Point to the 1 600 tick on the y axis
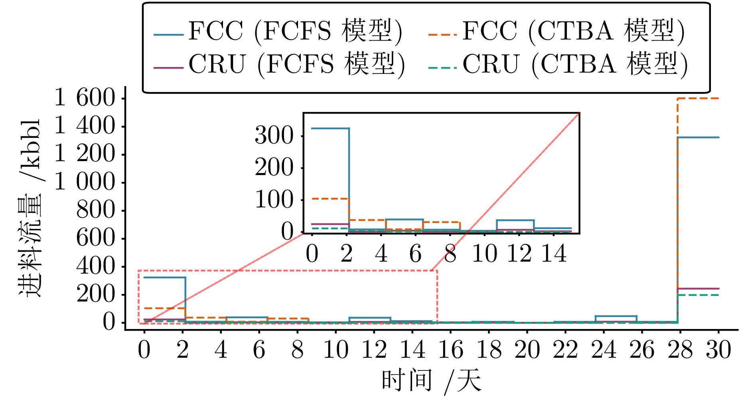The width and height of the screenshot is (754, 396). (85, 98)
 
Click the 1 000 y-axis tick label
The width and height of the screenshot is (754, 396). (85, 183)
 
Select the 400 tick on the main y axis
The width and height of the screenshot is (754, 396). (95, 267)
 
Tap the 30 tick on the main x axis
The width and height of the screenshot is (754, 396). (718, 350)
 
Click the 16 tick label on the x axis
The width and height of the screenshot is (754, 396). (450, 350)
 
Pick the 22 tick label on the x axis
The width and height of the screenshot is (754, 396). (565, 350)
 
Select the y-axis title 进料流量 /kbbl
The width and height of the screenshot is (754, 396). (30, 207)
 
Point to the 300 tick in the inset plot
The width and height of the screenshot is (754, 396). (274, 136)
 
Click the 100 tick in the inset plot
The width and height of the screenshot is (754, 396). (274, 200)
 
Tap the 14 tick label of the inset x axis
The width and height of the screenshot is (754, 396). (554, 254)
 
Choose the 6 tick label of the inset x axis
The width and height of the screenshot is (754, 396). (415, 254)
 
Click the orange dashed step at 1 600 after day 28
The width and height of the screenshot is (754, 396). (698, 98)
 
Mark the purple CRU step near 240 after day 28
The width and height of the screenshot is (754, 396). (698, 288)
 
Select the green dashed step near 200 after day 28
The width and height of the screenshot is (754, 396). (698, 295)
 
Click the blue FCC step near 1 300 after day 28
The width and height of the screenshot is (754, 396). (698, 138)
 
